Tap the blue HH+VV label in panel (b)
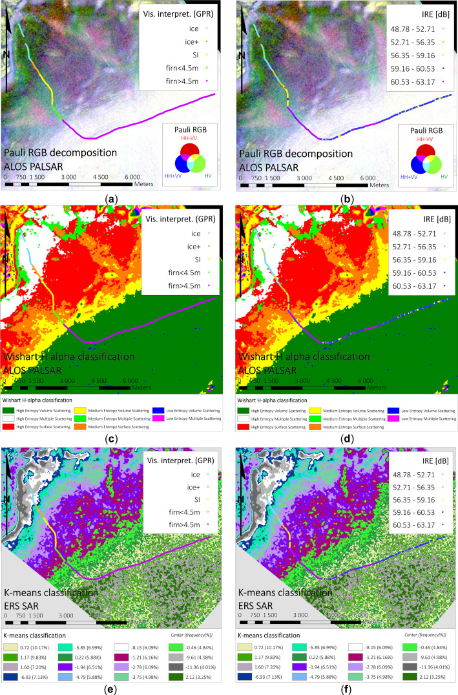pyautogui.click(x=371, y=176)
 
